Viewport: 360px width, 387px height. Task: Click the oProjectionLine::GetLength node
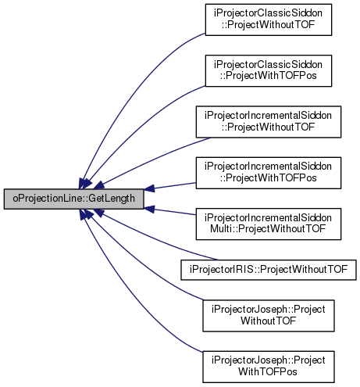pos(73,199)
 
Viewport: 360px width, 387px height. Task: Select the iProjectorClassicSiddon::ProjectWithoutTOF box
pos(269,20)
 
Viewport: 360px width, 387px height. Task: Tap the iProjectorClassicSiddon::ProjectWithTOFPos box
pos(269,70)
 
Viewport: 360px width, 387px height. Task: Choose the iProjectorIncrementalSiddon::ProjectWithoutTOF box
pos(269,122)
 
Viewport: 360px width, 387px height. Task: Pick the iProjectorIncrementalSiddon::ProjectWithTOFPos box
pos(269,173)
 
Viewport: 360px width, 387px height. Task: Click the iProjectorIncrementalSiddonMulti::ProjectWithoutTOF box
pos(269,224)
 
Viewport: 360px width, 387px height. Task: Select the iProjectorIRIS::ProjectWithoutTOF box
pos(269,270)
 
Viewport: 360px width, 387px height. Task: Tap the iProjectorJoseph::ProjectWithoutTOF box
pos(269,316)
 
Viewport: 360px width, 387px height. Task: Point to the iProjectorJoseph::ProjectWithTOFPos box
pos(269,367)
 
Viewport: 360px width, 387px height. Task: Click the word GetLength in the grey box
pos(112,199)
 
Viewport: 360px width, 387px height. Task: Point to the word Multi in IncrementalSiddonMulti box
pos(221,229)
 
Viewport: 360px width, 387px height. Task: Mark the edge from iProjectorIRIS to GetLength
pos(156,238)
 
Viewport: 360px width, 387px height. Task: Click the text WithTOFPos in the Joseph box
pos(268,372)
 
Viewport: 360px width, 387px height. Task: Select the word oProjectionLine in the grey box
pos(48,199)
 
